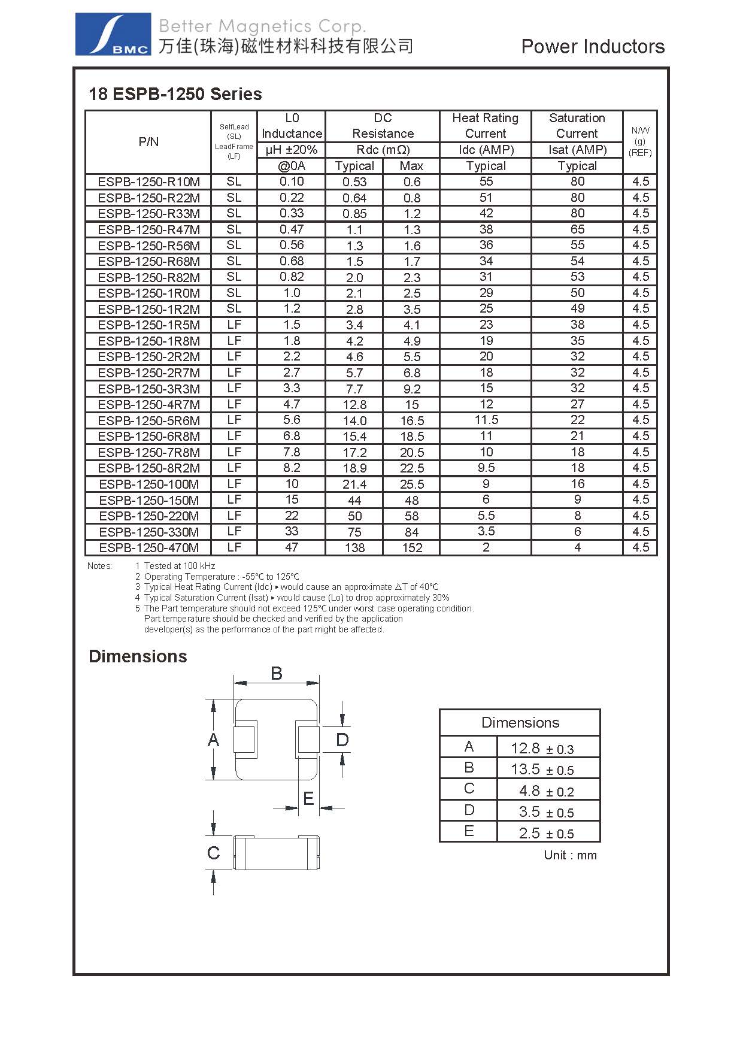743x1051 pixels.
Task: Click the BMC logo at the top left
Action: (x=113, y=35)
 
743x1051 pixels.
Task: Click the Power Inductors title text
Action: (x=593, y=47)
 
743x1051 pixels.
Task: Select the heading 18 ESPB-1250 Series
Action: (x=175, y=94)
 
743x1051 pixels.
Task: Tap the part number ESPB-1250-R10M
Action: (x=149, y=182)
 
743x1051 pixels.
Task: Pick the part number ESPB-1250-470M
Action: (x=149, y=548)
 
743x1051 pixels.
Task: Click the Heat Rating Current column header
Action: (x=486, y=126)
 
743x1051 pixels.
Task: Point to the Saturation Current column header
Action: (x=577, y=126)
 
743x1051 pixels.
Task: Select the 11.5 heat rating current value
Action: (x=486, y=420)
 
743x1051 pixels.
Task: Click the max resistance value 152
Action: (x=412, y=548)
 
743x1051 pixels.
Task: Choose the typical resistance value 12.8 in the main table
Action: (x=354, y=405)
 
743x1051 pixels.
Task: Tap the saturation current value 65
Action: (x=577, y=229)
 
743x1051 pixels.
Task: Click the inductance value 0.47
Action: (x=292, y=229)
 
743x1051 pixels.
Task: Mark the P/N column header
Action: (x=148, y=142)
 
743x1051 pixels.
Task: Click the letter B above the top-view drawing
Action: (x=277, y=674)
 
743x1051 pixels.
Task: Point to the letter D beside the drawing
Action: (x=342, y=740)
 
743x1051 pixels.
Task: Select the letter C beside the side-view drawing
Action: (x=213, y=853)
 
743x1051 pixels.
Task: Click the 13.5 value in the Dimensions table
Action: (x=525, y=769)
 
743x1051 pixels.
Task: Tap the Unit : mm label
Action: (x=570, y=855)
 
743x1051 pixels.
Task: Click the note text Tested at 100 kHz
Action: (x=180, y=566)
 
